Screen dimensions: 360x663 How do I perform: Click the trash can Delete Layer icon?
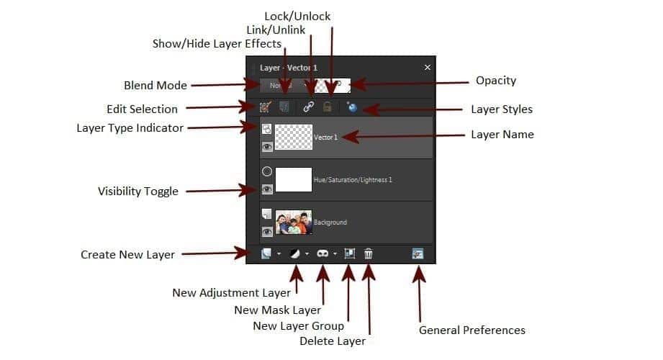(369, 253)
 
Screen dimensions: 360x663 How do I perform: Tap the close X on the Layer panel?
(427, 67)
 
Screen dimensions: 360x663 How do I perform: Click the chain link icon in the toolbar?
(309, 107)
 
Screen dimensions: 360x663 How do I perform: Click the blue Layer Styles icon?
(352, 107)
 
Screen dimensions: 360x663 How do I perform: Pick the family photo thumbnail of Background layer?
(294, 222)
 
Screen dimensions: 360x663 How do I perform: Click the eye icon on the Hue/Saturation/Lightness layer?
(267, 189)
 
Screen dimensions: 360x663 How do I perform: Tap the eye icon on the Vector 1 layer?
(267, 147)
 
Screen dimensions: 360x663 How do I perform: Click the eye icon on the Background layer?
(267, 232)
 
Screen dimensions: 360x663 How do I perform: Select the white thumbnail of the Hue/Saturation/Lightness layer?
(294, 179)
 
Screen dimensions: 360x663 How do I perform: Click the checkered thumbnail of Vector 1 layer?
(294, 137)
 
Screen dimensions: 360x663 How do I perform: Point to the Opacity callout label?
(496, 80)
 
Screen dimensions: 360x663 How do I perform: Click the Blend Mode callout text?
(155, 85)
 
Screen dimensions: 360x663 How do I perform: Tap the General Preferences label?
(472, 330)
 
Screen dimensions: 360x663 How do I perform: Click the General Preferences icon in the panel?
(418, 253)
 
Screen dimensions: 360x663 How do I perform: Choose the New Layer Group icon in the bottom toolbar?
(350, 253)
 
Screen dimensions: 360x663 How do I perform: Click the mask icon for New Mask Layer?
(323, 253)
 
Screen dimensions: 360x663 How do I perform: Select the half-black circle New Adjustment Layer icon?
(294, 253)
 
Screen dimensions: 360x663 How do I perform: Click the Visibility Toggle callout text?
(137, 191)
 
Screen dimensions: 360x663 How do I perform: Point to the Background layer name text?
(330, 222)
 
